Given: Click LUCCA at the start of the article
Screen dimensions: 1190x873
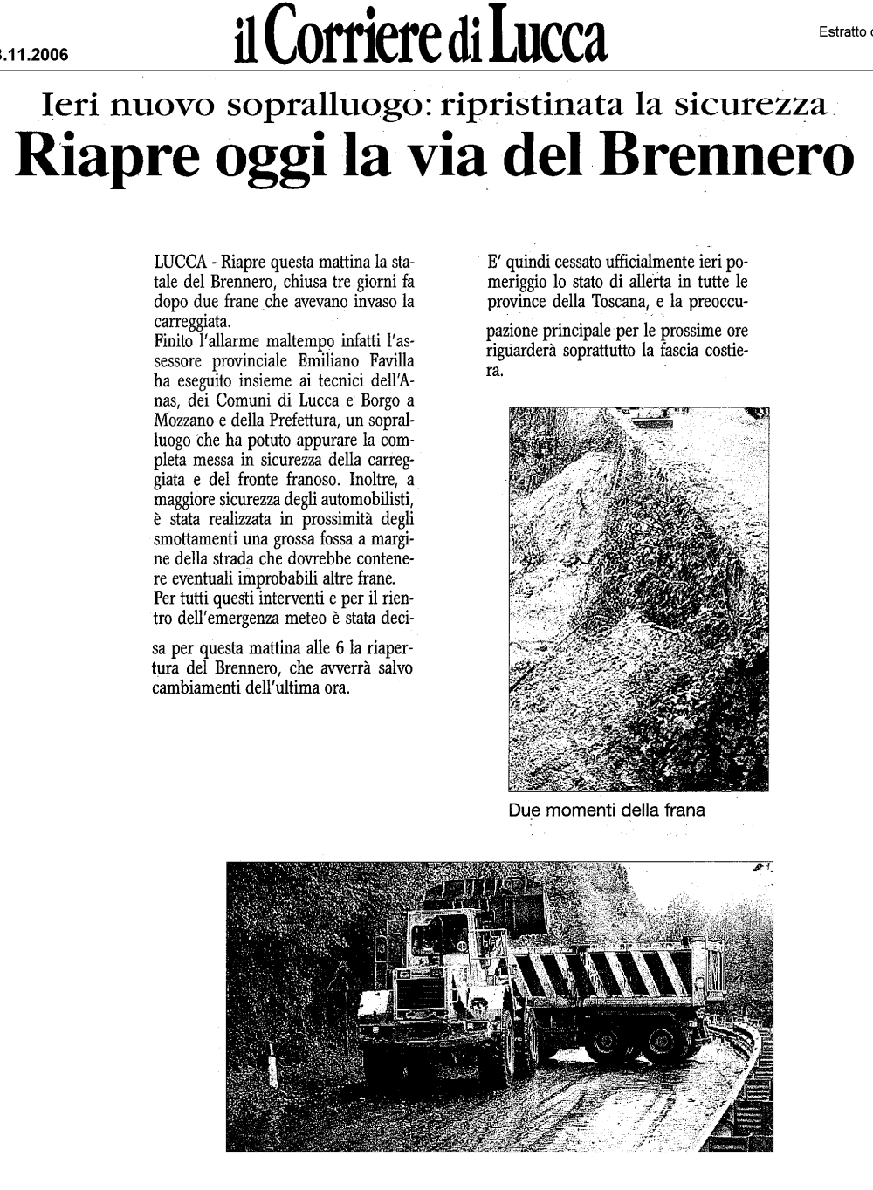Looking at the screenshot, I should (x=179, y=261).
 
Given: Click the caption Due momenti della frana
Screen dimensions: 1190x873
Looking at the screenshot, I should (x=606, y=810).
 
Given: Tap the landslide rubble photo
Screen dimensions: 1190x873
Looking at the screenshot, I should (x=638, y=598).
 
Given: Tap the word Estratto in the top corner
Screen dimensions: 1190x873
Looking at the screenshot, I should (x=843, y=32).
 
